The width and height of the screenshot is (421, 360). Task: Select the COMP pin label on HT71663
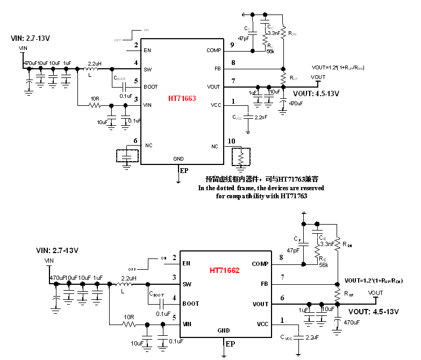[x=213, y=51]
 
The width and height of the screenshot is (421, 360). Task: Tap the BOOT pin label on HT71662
[x=190, y=304]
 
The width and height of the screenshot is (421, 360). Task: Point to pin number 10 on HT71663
[x=231, y=141]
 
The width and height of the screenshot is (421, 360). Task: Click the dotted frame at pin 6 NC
[x=127, y=156]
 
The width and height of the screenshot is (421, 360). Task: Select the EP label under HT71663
[x=184, y=171]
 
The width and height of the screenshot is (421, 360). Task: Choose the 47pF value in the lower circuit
[x=294, y=250]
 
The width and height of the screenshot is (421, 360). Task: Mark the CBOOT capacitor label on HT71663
[x=120, y=78]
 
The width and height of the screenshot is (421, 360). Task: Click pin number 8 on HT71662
[x=282, y=258]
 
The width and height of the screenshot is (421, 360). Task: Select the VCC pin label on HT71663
[x=215, y=106]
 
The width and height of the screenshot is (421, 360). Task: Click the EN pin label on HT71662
[x=187, y=263]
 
